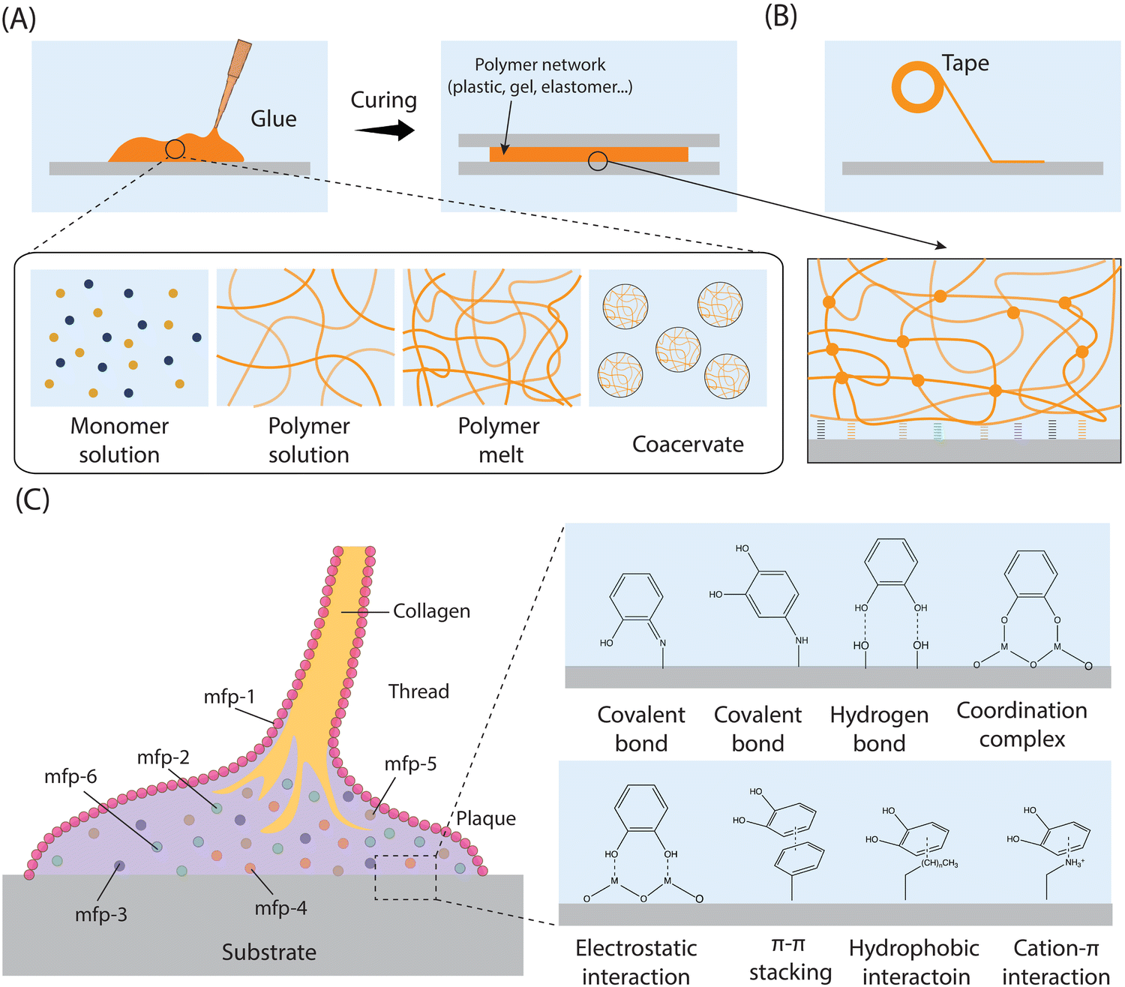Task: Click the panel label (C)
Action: (33, 499)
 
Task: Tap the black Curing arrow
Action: (385, 131)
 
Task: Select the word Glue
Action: (273, 118)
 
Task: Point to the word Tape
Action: (965, 64)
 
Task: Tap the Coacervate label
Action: (688, 444)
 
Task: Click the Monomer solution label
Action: (119, 440)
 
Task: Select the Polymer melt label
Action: (499, 440)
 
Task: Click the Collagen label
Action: (431, 611)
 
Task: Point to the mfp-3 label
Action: (101, 914)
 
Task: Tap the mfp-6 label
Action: (70, 776)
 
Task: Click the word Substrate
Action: (268, 952)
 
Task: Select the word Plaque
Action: (486, 819)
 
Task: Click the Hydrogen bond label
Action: (879, 729)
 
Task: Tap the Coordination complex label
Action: (1021, 724)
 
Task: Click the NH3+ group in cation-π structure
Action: (1075, 862)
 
